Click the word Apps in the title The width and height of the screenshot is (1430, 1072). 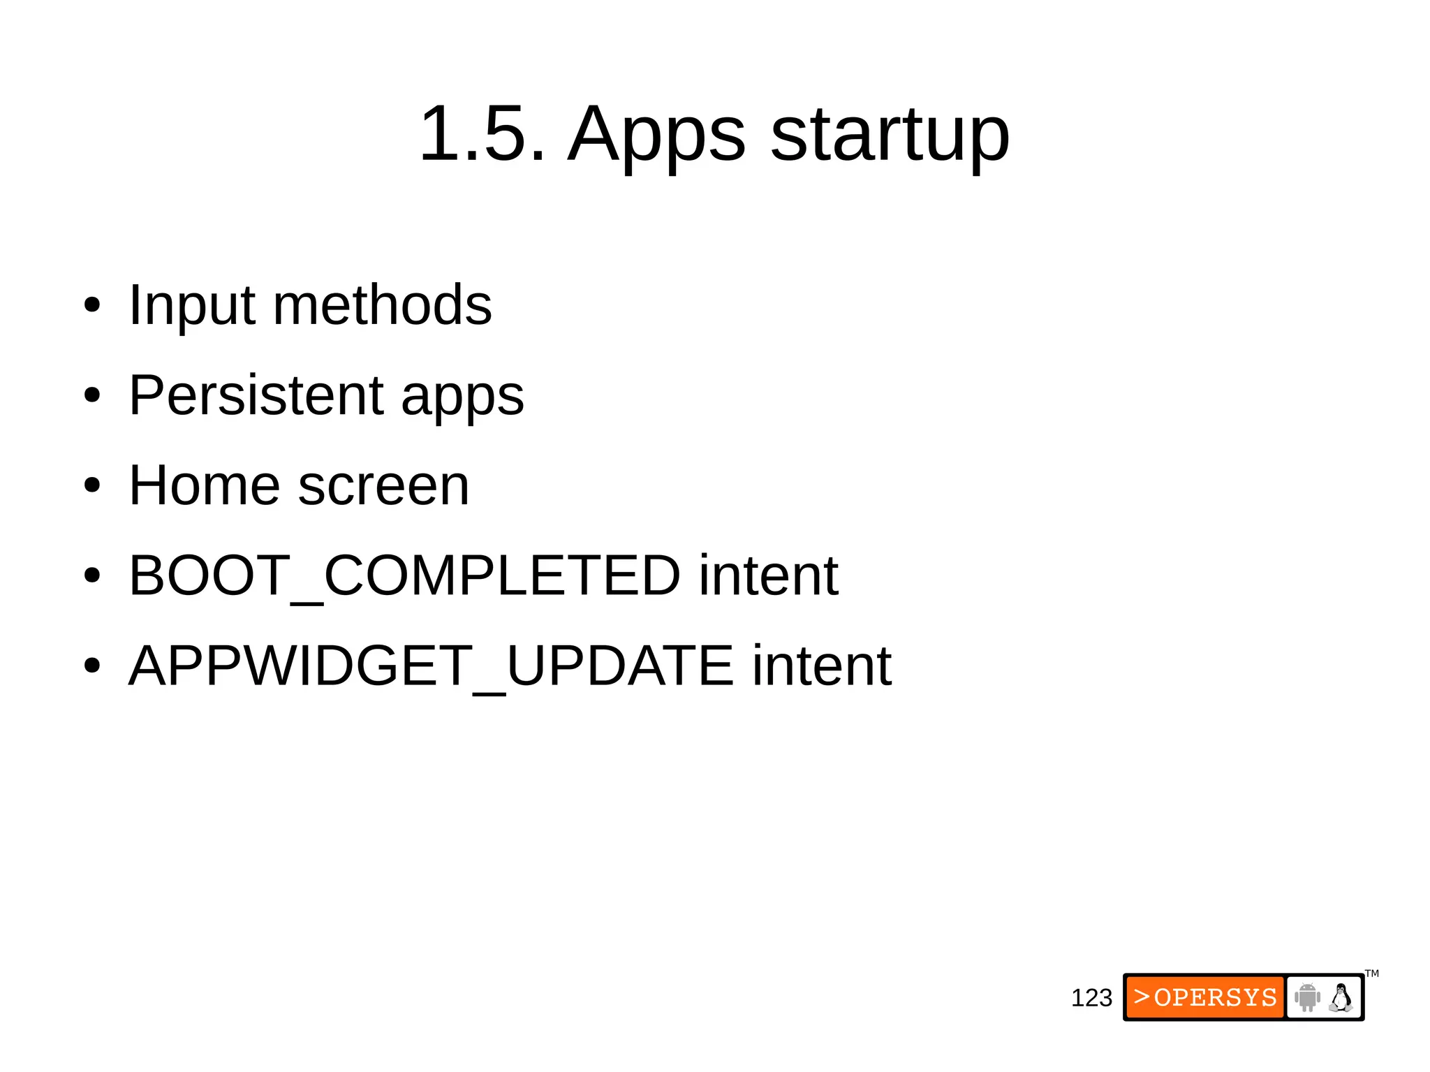point(656,136)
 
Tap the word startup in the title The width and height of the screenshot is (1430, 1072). point(890,136)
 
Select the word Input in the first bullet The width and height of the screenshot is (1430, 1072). point(191,306)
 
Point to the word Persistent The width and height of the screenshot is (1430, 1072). point(256,395)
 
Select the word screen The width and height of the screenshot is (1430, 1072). point(383,487)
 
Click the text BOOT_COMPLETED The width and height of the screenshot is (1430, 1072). point(404,575)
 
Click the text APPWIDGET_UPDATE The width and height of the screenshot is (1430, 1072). point(430,666)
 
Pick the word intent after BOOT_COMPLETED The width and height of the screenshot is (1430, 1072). point(768,575)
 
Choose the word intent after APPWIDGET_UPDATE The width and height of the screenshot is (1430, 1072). point(821,666)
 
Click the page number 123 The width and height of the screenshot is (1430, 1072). point(1091,998)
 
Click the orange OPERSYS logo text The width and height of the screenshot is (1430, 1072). point(1205,997)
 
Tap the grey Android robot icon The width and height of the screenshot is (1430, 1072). point(1306,997)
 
